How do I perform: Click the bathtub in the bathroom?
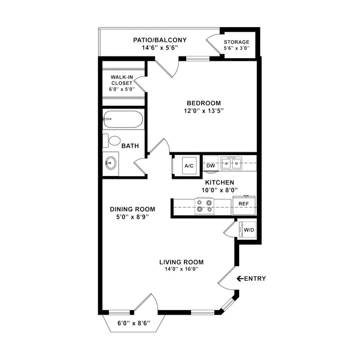pyautogui.click(x=123, y=119)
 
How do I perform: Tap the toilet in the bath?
pyautogui.click(x=112, y=141)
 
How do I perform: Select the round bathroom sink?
pyautogui.click(x=111, y=163)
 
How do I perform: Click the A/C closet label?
pyautogui.click(x=189, y=166)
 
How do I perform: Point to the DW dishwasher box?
pyautogui.click(x=210, y=165)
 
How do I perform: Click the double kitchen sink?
pyautogui.click(x=232, y=163)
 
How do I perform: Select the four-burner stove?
pyautogui.click(x=204, y=207)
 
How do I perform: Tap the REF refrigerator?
pyautogui.click(x=243, y=204)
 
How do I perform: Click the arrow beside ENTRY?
pyautogui.click(x=240, y=279)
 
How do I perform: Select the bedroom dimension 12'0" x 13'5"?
pyautogui.click(x=203, y=111)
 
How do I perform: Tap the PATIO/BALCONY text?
pyautogui.click(x=160, y=40)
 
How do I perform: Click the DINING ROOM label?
pyautogui.click(x=132, y=209)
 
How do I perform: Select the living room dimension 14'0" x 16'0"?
pyautogui.click(x=181, y=269)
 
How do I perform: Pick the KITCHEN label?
pyautogui.click(x=219, y=182)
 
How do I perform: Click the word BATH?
pyautogui.click(x=130, y=146)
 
